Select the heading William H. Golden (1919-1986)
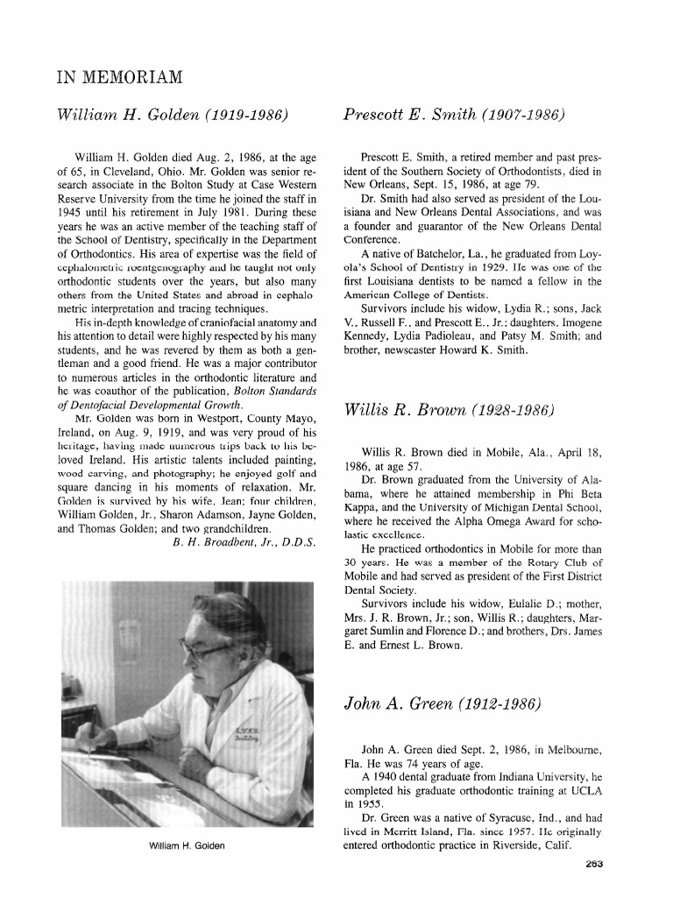coord(173,116)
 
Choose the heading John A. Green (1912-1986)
coord(443,704)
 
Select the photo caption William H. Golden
coord(186,845)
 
